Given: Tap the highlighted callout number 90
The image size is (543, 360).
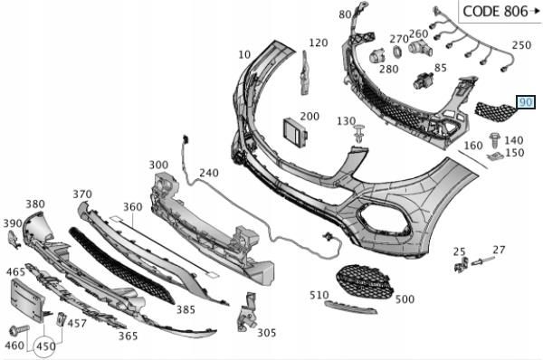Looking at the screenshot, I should [526, 103].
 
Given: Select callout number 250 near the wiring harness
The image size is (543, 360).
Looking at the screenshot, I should [521, 44].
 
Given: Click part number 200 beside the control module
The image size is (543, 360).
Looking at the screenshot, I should [310, 117].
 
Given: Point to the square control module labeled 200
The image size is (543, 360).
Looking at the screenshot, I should [293, 130].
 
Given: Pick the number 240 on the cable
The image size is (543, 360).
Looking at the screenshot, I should [209, 172].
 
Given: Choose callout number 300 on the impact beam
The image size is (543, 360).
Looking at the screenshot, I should [159, 166].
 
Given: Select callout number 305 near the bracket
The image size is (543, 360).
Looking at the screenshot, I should [266, 332].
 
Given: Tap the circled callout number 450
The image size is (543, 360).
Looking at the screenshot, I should [46, 345].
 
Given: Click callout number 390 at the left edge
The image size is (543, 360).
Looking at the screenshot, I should [12, 223].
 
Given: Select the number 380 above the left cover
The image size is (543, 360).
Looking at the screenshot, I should [35, 204].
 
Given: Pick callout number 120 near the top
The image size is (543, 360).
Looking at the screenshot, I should [318, 43].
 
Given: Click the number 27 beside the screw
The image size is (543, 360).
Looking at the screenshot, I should [499, 249].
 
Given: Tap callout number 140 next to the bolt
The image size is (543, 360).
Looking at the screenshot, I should [513, 139].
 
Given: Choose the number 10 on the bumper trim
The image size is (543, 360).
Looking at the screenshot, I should [244, 55].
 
